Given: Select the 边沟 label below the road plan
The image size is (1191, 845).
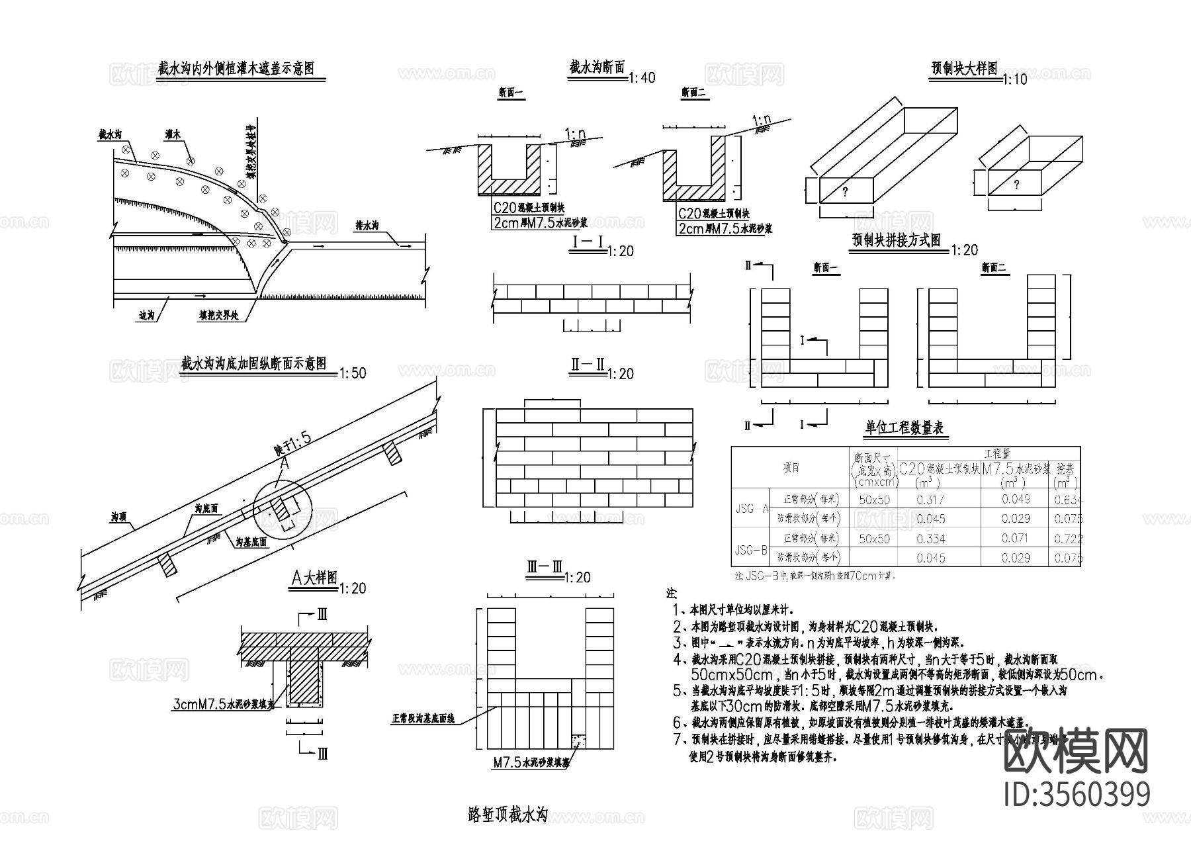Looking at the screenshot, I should [x=146, y=316].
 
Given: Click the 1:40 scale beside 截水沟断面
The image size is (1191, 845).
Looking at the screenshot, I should [x=641, y=78].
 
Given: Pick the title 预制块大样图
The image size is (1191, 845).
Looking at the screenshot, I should [x=963, y=68].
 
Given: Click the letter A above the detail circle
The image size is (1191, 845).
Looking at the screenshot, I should [x=284, y=464].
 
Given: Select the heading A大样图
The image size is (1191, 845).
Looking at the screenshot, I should [x=314, y=578].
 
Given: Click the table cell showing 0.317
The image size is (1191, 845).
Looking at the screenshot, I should [x=930, y=500].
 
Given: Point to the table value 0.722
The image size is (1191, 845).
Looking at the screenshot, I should [x=1067, y=539].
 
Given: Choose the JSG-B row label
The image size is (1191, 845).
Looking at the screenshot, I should [x=750, y=549].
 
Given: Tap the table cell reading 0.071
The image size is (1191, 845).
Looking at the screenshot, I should [x=1015, y=539].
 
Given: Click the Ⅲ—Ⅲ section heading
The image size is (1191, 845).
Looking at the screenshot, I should [x=544, y=568].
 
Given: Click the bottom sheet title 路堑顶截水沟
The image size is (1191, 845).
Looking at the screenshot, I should [x=507, y=816].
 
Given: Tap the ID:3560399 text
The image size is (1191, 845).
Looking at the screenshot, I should [x=1077, y=794].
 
